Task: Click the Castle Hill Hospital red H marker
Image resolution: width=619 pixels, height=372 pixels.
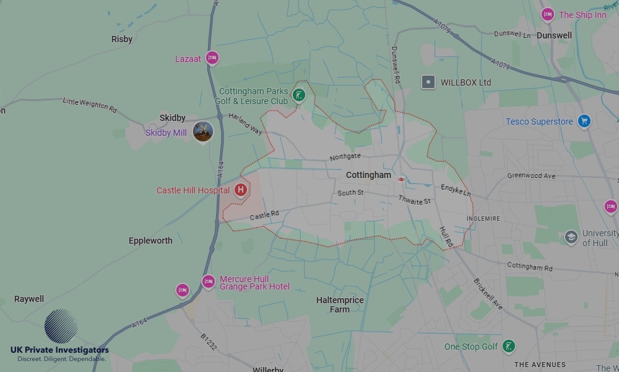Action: (x=240, y=190)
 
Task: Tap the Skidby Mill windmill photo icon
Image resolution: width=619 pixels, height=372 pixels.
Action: (x=202, y=131)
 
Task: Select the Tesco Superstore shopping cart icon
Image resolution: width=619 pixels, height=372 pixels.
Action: (x=584, y=121)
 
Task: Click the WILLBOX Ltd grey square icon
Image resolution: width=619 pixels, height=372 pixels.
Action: (x=428, y=82)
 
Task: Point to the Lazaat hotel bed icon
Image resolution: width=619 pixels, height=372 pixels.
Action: (x=212, y=58)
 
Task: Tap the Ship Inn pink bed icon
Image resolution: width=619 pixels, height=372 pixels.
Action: (x=547, y=14)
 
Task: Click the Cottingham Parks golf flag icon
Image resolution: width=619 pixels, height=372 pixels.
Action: (x=299, y=95)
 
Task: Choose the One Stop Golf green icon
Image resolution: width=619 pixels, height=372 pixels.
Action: (x=508, y=347)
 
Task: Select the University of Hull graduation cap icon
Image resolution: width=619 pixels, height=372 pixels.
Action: (x=571, y=237)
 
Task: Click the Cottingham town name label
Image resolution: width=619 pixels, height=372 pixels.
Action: (x=368, y=175)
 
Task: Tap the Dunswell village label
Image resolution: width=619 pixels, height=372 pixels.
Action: (x=554, y=35)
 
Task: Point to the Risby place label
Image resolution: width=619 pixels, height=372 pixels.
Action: (x=122, y=39)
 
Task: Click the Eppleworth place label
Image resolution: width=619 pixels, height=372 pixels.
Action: (x=150, y=241)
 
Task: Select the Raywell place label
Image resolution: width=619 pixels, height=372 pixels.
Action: (x=29, y=299)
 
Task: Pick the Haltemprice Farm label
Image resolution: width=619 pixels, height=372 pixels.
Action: (x=340, y=304)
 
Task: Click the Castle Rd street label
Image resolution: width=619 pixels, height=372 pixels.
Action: (x=264, y=215)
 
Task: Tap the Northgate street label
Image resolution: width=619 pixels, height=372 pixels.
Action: (x=345, y=156)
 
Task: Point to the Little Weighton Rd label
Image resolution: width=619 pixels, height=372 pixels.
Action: (x=90, y=104)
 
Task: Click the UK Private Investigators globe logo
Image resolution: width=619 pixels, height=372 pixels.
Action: (x=61, y=326)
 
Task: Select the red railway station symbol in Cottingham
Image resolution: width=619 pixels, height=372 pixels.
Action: (x=402, y=179)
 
